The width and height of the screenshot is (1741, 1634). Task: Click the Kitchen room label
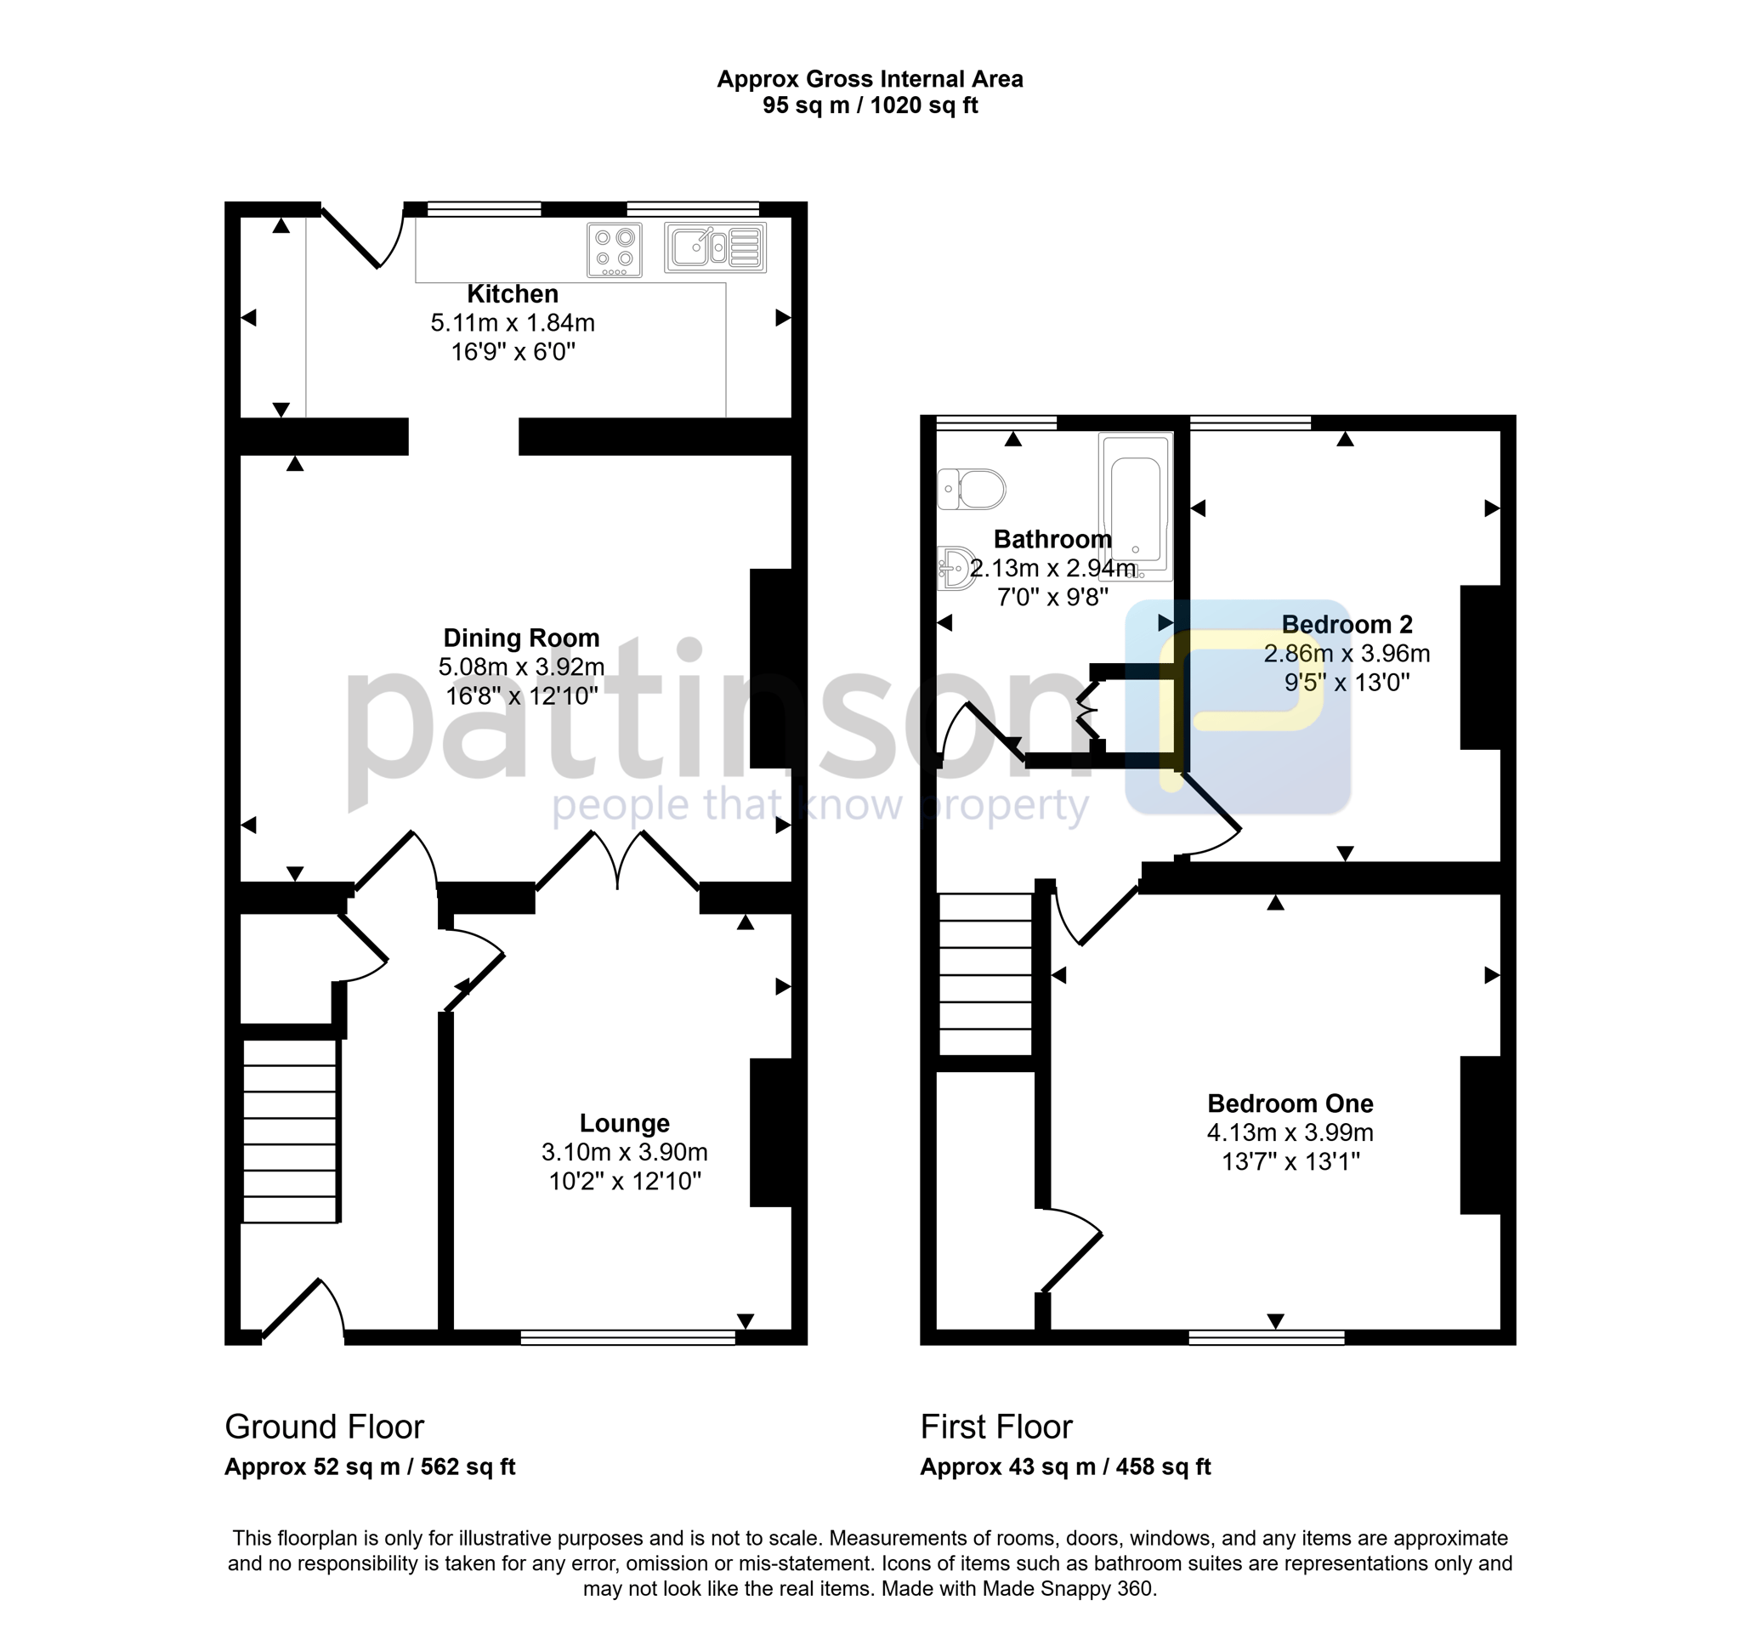tap(513, 293)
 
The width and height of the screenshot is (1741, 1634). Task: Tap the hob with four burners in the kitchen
tap(614, 250)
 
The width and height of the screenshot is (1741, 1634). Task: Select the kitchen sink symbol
tap(716, 247)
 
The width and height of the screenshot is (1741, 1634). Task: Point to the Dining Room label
tap(521, 638)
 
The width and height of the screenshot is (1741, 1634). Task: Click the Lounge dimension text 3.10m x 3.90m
tap(625, 1152)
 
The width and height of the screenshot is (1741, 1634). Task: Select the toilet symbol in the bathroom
tap(971, 490)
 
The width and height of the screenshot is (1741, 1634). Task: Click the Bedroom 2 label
tap(1347, 624)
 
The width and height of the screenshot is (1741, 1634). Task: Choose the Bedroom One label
tap(1290, 1104)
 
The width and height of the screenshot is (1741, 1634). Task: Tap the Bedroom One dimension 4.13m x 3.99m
tap(1290, 1132)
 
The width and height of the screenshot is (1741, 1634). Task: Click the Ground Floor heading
tap(324, 1427)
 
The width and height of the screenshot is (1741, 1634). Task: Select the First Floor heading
tap(995, 1427)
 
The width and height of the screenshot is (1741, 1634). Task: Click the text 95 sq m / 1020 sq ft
tap(870, 105)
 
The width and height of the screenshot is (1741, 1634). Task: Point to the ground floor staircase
tap(290, 1131)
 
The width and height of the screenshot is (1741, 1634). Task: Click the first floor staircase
tap(985, 973)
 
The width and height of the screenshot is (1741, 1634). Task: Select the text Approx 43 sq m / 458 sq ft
tap(1065, 1467)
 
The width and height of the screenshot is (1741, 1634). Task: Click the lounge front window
tap(628, 1337)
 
